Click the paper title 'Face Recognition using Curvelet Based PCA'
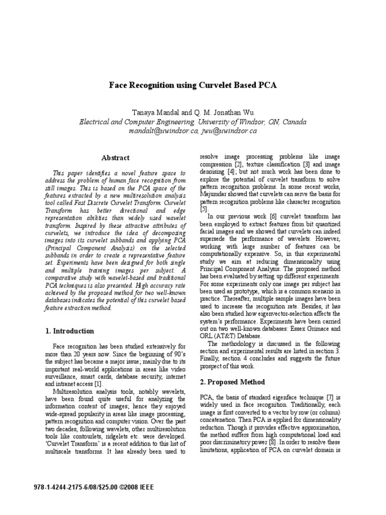tap(193, 85)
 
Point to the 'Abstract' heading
tap(115, 157)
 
